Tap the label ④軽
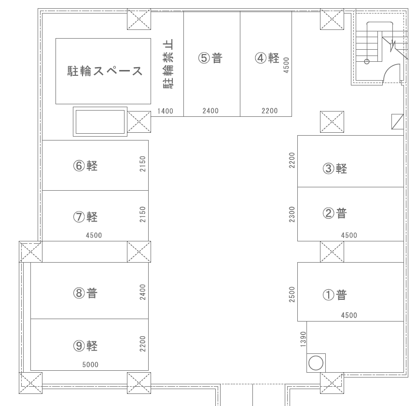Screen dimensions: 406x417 (x=268, y=58)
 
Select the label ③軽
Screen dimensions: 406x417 (x=335, y=168)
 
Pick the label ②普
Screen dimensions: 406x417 (x=335, y=213)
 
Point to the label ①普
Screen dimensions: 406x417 (x=335, y=294)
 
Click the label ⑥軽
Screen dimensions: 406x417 (x=86, y=166)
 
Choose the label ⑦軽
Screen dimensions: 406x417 (x=86, y=217)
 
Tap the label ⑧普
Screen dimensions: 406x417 (x=86, y=293)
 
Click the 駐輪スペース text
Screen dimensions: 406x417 (x=105, y=71)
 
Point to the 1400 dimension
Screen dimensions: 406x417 (x=165, y=111)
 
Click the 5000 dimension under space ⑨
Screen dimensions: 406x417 (x=90, y=364)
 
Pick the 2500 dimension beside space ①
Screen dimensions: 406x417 (x=292, y=294)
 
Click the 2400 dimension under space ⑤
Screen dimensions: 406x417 (x=210, y=111)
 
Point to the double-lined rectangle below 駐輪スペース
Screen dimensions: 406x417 (x=100, y=122)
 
